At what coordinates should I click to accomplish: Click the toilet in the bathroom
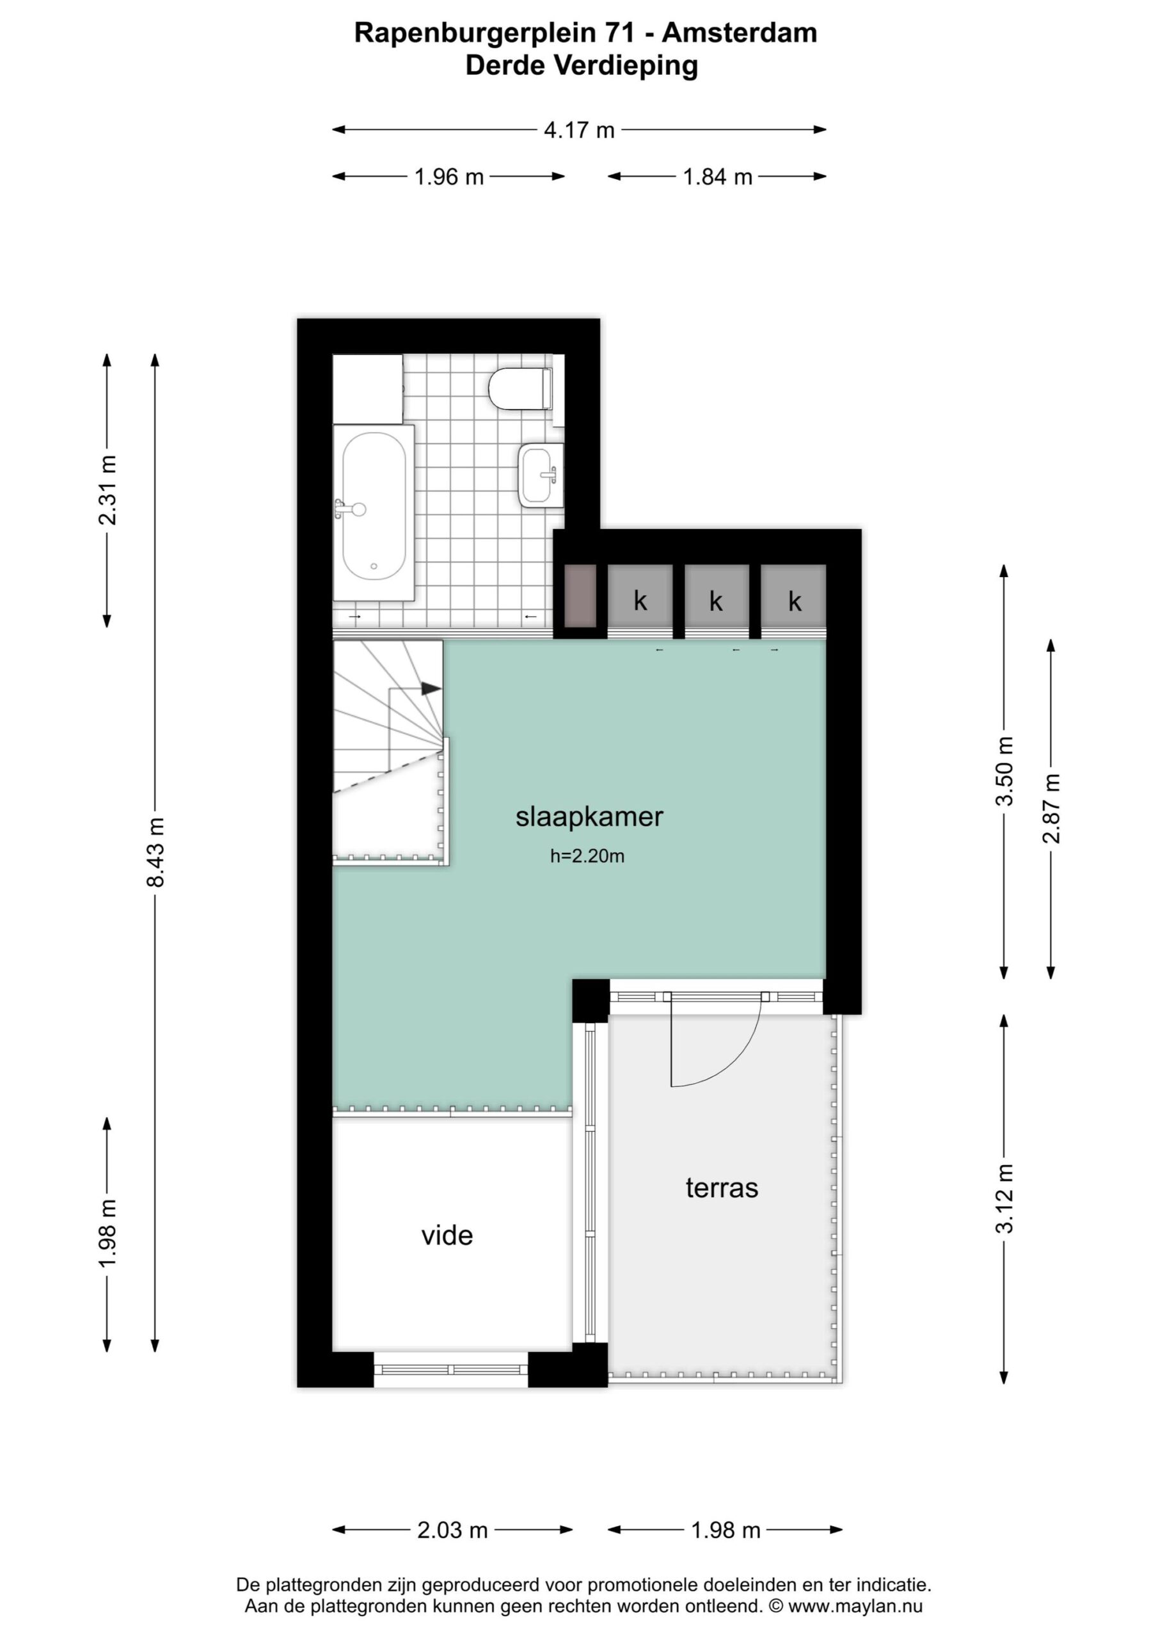click(x=521, y=389)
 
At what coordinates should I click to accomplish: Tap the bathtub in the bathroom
click(x=374, y=513)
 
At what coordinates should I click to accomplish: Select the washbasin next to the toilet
click(x=541, y=475)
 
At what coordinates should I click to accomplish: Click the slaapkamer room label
click(x=589, y=817)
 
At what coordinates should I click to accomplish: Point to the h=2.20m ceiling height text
click(x=587, y=856)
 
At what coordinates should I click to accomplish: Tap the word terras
click(x=722, y=1188)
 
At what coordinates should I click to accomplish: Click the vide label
click(x=447, y=1235)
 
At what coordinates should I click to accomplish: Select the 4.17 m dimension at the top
click(x=580, y=130)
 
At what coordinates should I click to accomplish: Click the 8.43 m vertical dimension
click(x=155, y=852)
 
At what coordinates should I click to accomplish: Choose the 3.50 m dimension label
click(x=1004, y=771)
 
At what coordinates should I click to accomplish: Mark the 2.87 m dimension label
click(x=1051, y=808)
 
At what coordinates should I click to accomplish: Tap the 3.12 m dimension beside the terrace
click(x=1004, y=1198)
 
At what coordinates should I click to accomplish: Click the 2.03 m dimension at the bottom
click(x=452, y=1530)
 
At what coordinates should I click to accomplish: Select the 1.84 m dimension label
click(x=718, y=177)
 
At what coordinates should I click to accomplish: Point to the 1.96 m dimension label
click(x=450, y=177)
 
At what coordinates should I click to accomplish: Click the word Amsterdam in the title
click(x=739, y=33)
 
